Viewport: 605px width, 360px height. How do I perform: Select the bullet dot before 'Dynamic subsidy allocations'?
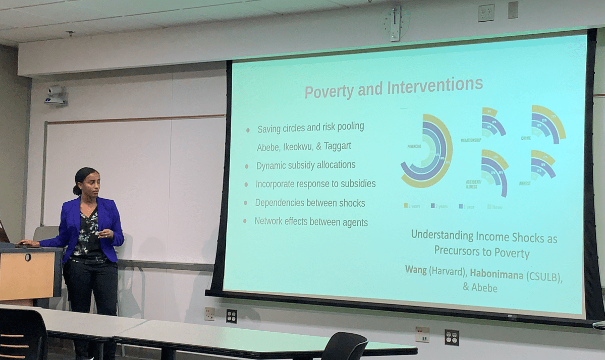pos(246,166)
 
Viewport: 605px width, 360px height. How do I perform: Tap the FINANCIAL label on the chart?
pos(415,146)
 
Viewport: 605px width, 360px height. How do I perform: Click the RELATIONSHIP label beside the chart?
pos(470,140)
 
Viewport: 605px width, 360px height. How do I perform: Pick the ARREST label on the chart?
pos(525,183)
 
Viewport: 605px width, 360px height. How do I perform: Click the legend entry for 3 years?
pos(413,206)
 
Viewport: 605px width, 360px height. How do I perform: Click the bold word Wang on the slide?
pos(416,269)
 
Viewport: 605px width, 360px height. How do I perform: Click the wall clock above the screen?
pos(395,22)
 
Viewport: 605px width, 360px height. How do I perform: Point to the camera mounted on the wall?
pos(55,94)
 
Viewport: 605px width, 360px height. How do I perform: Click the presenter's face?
pos(89,183)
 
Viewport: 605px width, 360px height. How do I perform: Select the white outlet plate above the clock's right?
pos(486,12)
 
